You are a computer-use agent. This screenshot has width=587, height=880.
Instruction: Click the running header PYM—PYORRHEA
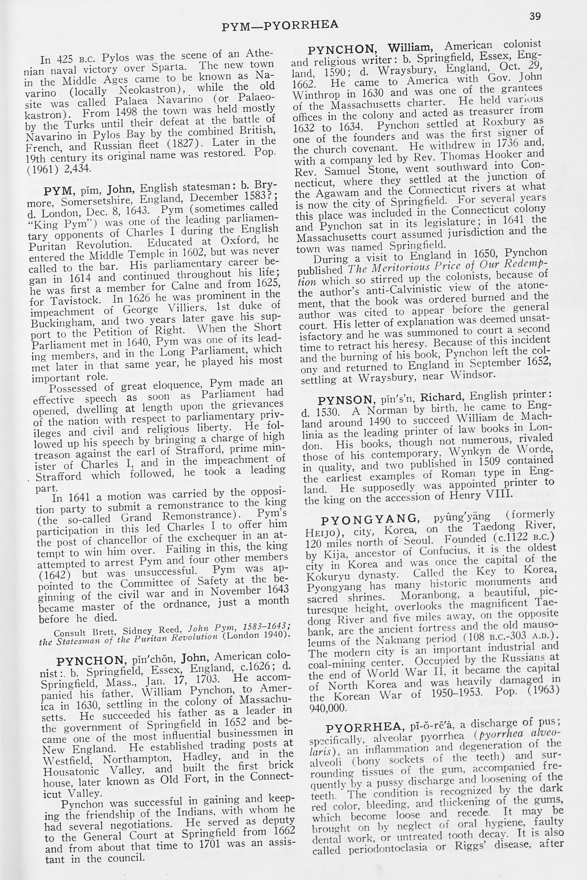[280, 25]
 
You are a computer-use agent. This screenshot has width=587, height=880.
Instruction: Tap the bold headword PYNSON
[346, 400]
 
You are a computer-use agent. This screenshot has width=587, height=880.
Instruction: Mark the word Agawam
[334, 193]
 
